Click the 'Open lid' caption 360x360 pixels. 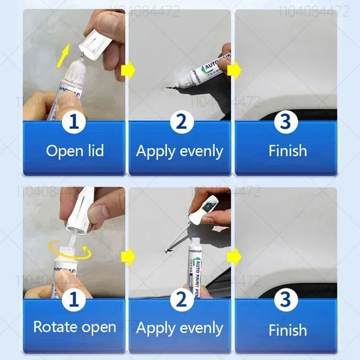75,151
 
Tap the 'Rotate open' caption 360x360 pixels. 75,327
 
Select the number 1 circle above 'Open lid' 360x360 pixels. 74,122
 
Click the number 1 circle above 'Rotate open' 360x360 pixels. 74,299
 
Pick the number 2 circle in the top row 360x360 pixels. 180,122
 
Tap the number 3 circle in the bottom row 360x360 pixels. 286,299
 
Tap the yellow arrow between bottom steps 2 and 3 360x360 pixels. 234,257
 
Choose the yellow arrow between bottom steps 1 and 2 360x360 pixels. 128,257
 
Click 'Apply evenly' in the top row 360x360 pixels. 180,151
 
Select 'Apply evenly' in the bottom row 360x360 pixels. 180,328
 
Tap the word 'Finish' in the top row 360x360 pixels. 288,151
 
